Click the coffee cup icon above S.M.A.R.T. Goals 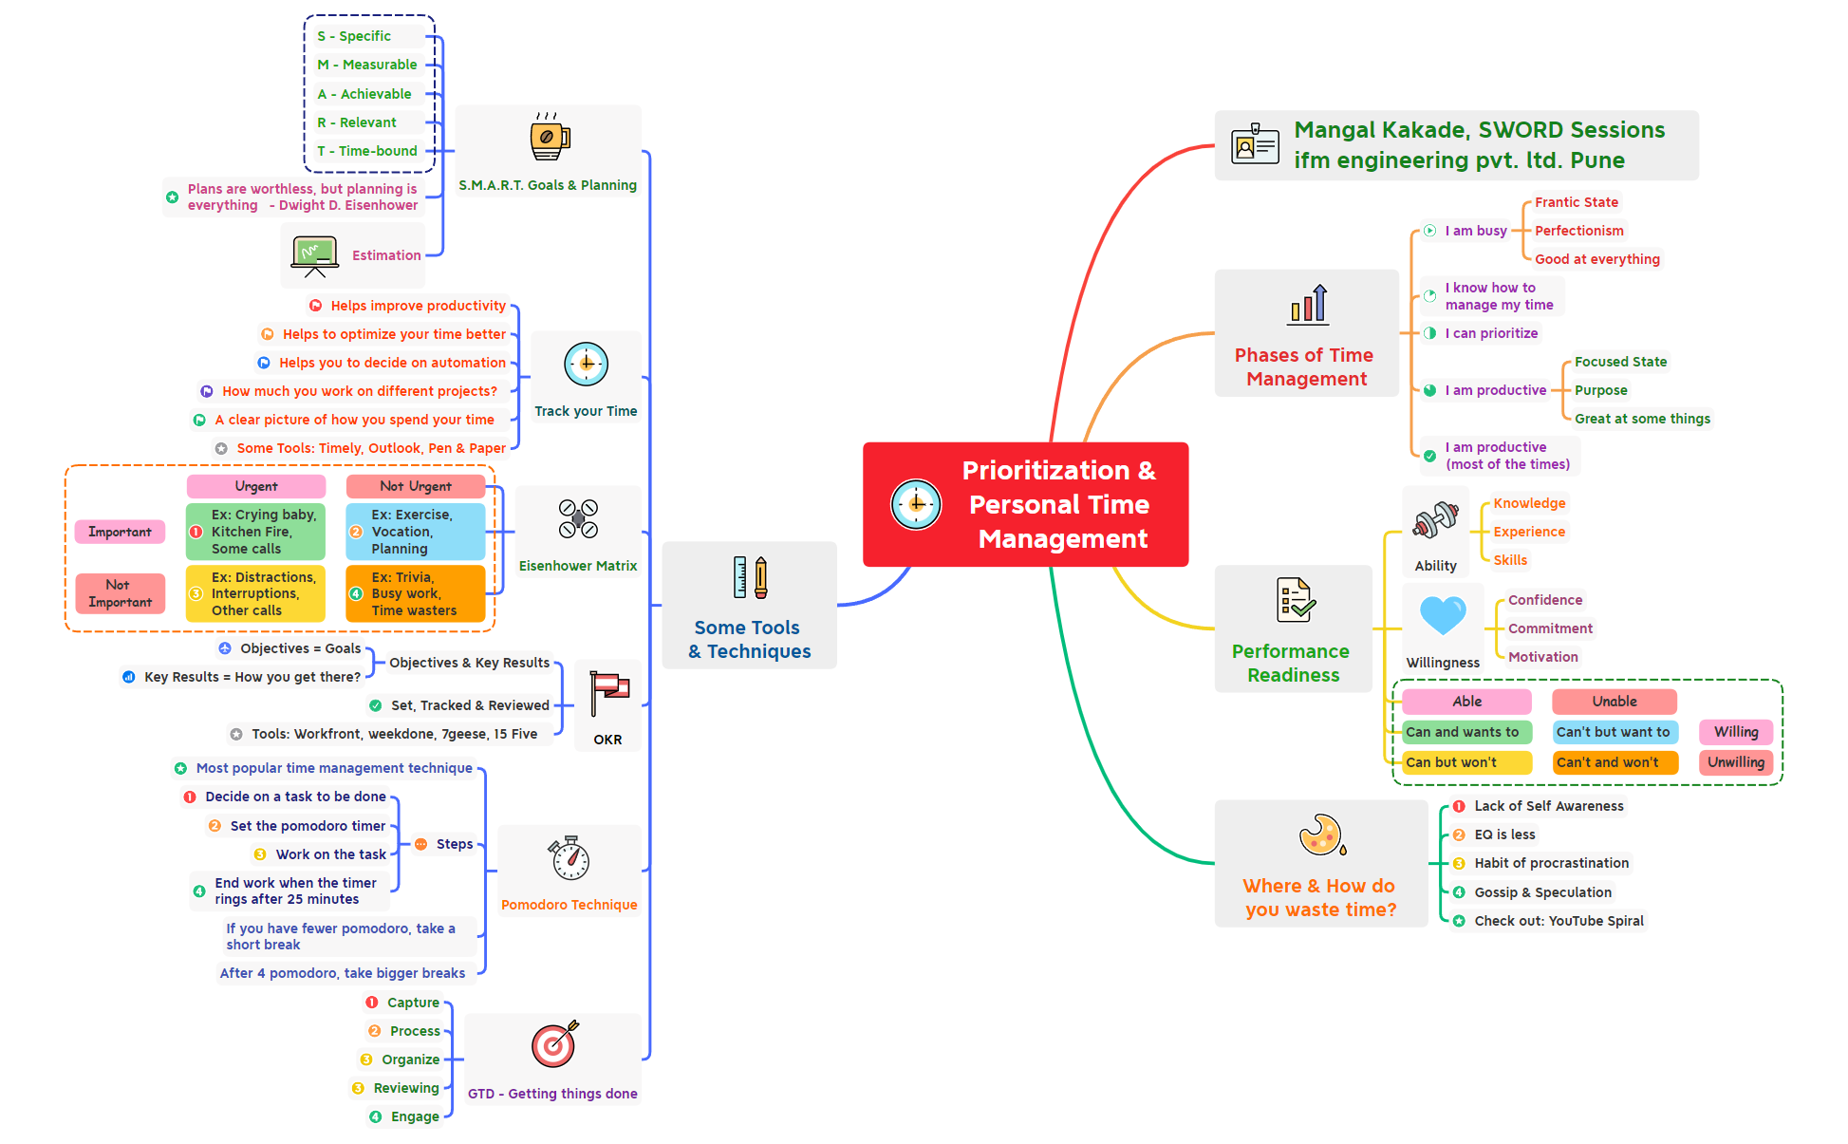(549, 137)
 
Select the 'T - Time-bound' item (367, 151)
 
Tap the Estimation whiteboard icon (315, 255)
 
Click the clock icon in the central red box (916, 504)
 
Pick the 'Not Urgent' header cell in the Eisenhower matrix (416, 486)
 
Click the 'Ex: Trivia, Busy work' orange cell (415, 593)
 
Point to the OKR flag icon (608, 693)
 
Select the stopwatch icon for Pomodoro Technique (569, 858)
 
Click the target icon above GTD (554, 1044)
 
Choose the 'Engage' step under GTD (415, 1116)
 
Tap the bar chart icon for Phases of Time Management (1308, 304)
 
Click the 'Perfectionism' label (1578, 231)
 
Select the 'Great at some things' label (1642, 419)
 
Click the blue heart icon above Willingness (1443, 615)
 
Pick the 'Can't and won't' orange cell (1614, 762)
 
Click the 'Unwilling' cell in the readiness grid (1735, 762)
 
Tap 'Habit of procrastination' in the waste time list (1551, 863)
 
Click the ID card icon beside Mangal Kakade (1255, 145)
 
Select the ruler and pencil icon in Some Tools (749, 577)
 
